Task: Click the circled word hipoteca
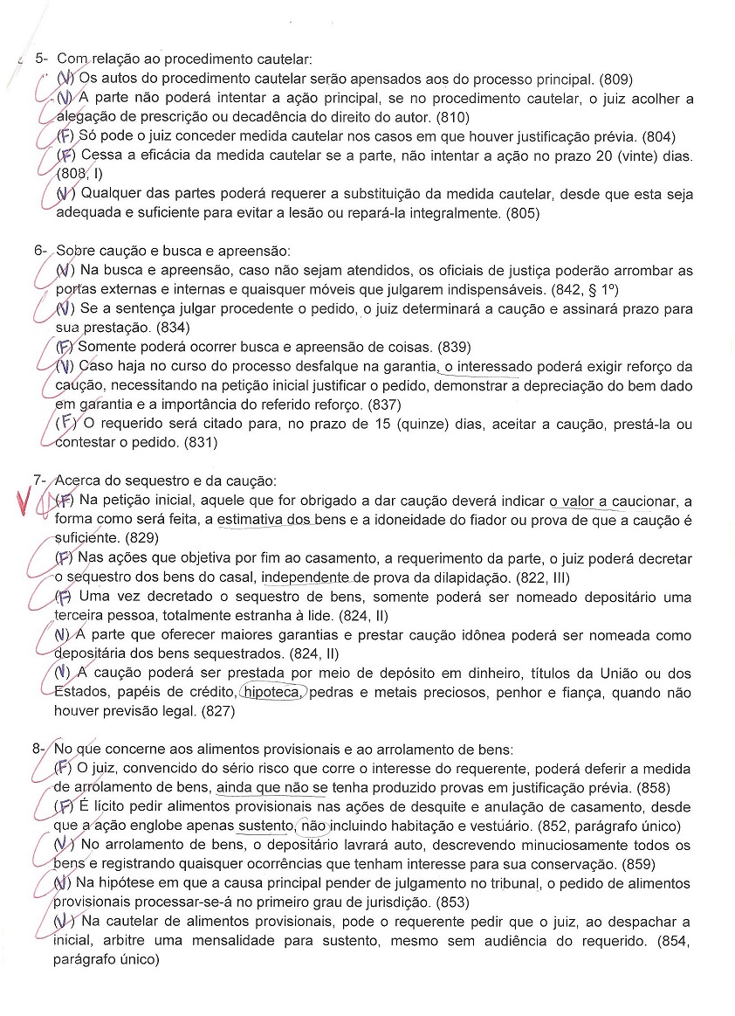pyautogui.click(x=272, y=693)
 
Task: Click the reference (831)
pyautogui.click(x=200, y=443)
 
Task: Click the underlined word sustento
pyautogui.click(x=265, y=826)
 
